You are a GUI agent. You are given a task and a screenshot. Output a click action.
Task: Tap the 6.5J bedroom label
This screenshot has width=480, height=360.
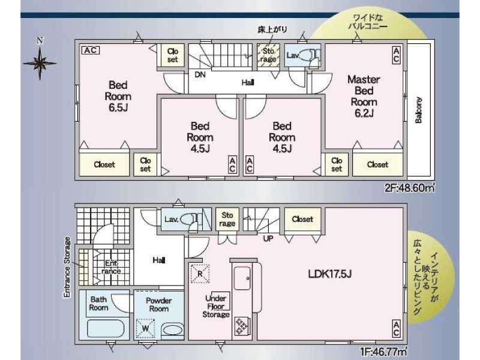click(x=118, y=96)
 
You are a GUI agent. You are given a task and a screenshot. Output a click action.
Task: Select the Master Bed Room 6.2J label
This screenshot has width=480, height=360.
click(x=364, y=96)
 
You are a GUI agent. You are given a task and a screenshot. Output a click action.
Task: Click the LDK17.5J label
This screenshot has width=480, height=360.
click(x=329, y=274)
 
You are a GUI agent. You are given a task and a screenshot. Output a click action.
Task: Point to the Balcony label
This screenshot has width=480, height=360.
click(x=418, y=110)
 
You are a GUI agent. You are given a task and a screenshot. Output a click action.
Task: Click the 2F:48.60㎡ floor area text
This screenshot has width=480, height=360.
click(x=410, y=187)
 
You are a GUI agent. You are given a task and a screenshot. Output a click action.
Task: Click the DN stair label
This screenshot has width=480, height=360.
click(x=200, y=74)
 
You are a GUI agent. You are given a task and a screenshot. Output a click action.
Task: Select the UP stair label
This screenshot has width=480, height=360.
click(x=268, y=238)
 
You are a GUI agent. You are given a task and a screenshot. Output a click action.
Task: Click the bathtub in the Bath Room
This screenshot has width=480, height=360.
click(x=106, y=329)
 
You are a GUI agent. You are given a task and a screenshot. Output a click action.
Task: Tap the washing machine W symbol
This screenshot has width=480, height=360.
click(x=146, y=328)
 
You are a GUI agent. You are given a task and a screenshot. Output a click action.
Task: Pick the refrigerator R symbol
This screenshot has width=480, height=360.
click(x=200, y=274)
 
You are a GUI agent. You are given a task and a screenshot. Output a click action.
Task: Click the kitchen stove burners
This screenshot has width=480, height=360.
click(x=242, y=326)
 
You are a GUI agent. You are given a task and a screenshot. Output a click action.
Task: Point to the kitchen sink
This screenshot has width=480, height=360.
click(x=242, y=278)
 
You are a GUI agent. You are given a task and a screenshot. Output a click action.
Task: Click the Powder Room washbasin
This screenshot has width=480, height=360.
click(x=172, y=331)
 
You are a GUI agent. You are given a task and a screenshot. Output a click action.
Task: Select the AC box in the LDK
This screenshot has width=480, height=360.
click(x=396, y=328)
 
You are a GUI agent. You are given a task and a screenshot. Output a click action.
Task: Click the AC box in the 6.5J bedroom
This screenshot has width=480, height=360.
click(x=91, y=50)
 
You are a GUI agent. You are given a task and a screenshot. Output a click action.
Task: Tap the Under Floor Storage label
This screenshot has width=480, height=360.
click(x=216, y=306)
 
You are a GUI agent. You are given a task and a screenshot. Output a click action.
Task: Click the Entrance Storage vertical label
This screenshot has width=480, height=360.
click(x=67, y=267)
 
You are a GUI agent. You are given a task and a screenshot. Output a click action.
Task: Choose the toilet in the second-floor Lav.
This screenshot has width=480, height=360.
click(x=307, y=55)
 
